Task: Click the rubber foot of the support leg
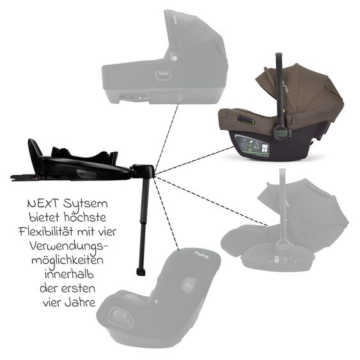coord(140,272)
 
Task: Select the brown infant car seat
coord(281,121)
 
